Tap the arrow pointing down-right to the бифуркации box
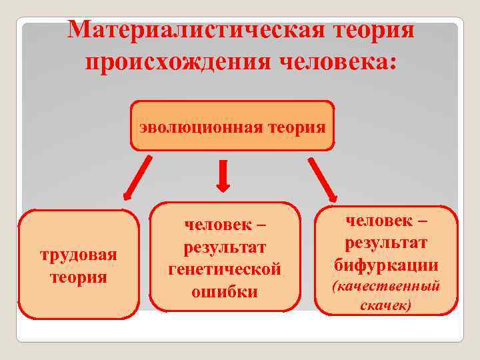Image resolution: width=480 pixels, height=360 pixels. coord(321,179)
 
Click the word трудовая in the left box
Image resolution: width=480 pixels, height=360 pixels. coord(79,255)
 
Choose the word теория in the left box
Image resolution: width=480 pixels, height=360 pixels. coord(79,276)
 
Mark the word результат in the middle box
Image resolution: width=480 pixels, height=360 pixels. coord(225,247)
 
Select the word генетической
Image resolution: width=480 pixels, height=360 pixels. coord(225,269)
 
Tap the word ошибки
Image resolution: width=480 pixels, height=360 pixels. coord(225,291)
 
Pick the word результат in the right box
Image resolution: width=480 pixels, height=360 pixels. coord(387,243)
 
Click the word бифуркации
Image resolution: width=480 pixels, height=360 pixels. coord(387,265)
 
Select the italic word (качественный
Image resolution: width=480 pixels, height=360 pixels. coord(387,287)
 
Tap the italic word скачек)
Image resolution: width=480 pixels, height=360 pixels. coord(386,305)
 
